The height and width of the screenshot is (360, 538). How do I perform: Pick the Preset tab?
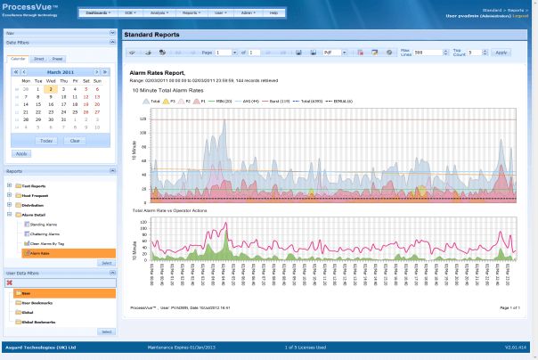pos(55,58)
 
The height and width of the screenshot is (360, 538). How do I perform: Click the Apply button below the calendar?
pos(21,153)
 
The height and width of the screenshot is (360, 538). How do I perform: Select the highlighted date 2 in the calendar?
pos(52,89)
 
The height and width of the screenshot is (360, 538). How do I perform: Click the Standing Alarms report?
pos(44,224)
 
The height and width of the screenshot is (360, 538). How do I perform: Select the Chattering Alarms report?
pos(45,233)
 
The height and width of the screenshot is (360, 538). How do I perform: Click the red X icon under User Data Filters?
pos(11,282)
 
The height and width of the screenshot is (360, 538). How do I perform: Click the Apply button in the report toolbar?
pos(501,53)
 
